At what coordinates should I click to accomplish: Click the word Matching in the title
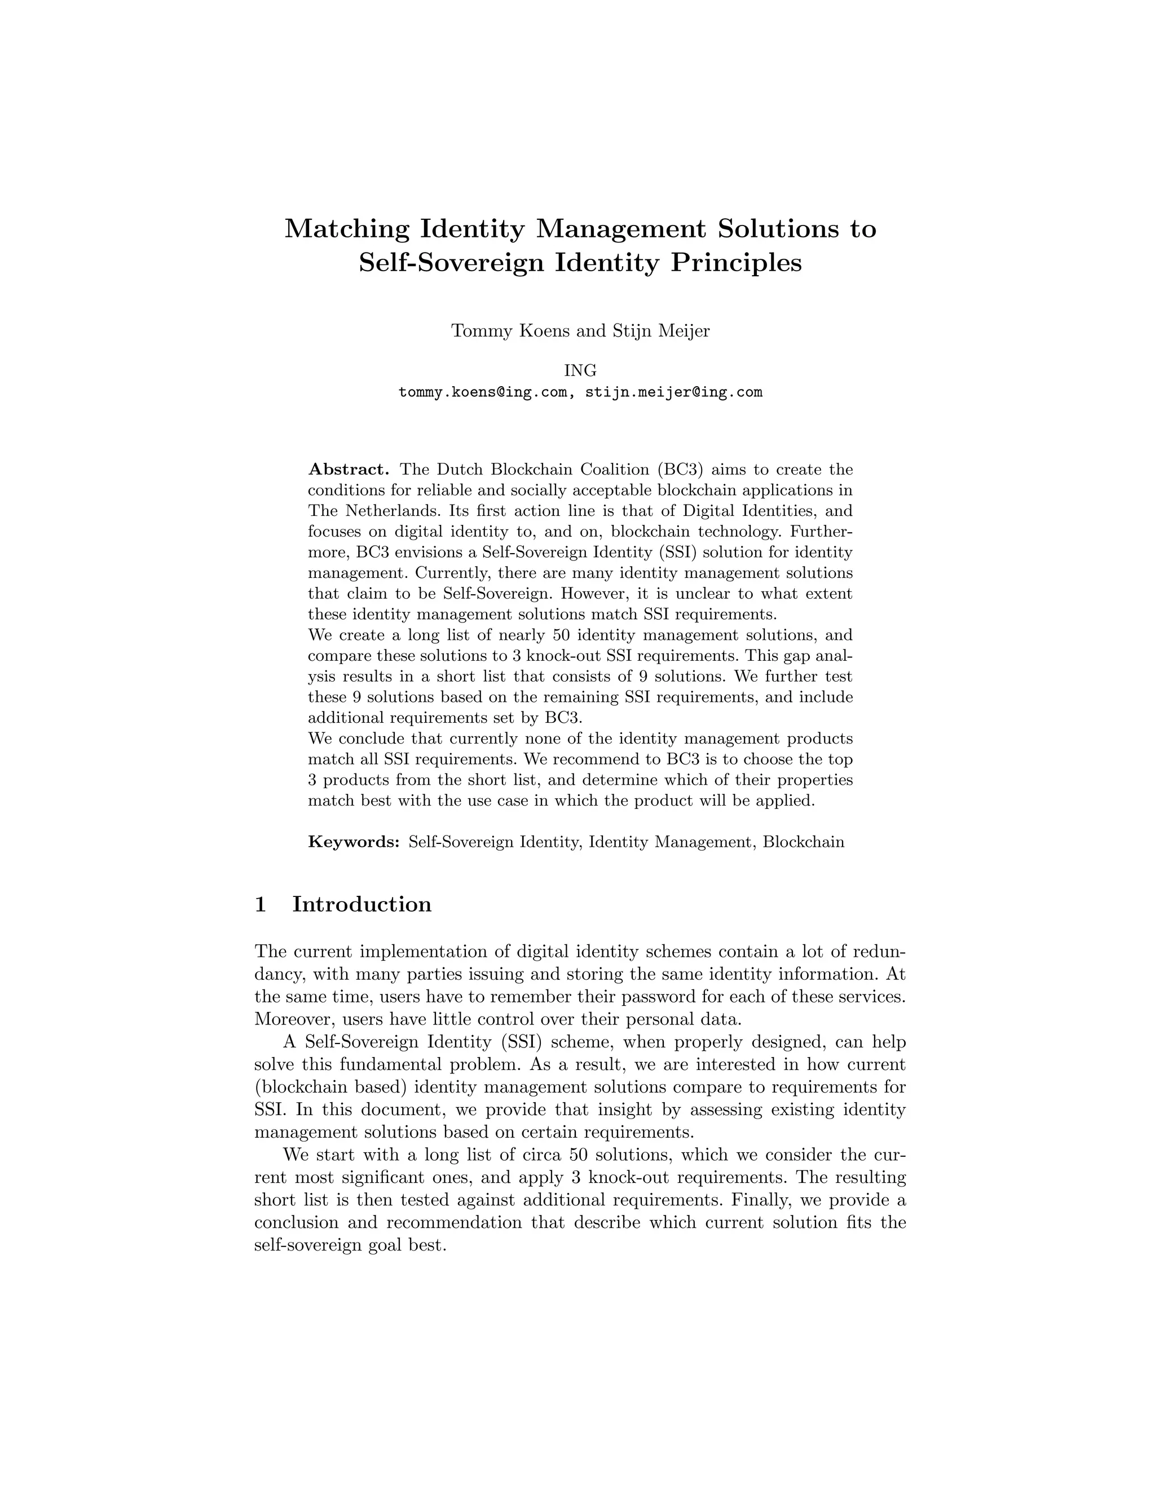346,228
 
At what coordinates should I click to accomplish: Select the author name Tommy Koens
502,331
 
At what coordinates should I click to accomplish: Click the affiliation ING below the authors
580,371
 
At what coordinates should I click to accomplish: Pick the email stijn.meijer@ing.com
674,392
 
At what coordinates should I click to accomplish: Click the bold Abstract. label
349,470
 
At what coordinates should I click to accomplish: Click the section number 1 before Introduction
260,904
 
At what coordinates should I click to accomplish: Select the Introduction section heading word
362,904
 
